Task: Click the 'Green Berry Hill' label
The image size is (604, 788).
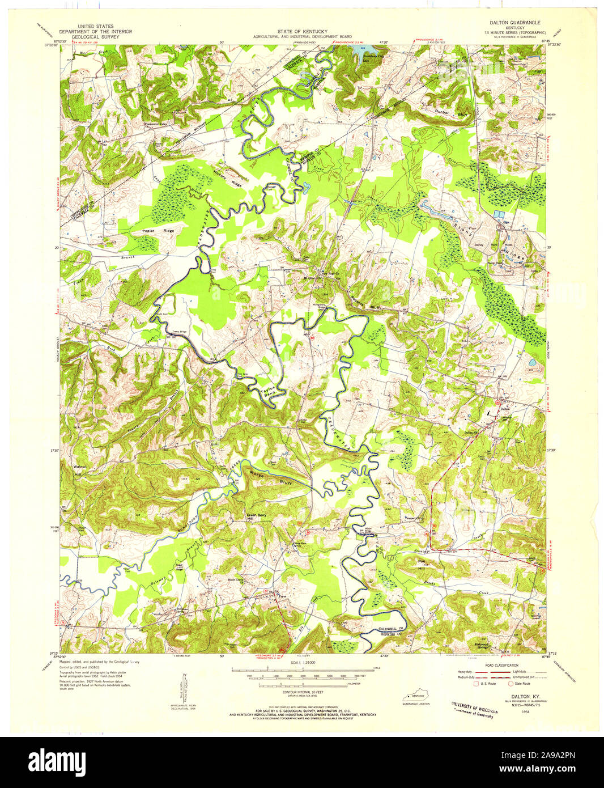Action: click(x=256, y=517)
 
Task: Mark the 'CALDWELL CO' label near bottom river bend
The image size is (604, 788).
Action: click(x=390, y=629)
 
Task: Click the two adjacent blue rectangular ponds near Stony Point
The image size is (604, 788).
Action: click(x=499, y=214)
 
